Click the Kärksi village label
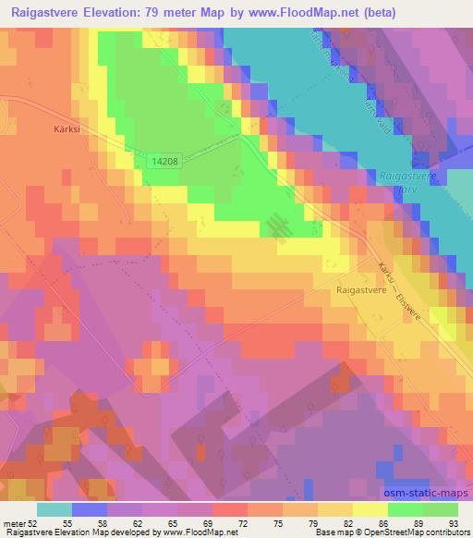click(x=57, y=129)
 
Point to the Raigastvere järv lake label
click(x=403, y=181)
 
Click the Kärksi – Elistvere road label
click(x=399, y=291)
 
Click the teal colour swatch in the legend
click(x=55, y=509)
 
